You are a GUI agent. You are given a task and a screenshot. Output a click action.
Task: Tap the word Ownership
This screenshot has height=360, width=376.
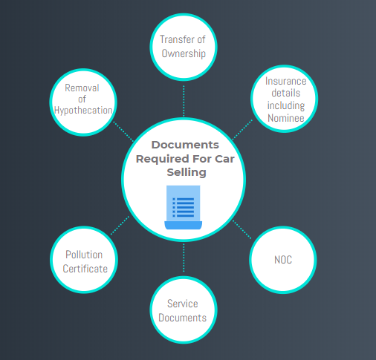184,53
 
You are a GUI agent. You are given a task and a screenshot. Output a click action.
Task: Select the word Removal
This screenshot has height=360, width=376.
82,88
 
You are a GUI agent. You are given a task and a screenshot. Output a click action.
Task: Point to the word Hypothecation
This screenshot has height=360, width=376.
83,111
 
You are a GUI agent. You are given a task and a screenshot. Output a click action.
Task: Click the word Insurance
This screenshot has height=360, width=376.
286,81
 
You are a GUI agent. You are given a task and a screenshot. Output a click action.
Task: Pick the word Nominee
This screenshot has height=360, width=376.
286,118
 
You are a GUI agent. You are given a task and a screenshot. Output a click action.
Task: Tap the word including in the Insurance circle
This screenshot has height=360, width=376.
286,105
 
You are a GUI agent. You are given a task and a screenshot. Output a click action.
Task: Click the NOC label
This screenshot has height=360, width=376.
283,260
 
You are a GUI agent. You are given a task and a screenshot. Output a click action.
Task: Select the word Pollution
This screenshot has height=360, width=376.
84,255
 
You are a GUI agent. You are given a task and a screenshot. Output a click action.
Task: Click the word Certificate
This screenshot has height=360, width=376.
85,269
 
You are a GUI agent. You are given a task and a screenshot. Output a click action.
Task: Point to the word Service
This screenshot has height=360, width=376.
183,304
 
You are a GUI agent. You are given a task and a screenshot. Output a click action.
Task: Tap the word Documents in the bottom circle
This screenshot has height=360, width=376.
183,318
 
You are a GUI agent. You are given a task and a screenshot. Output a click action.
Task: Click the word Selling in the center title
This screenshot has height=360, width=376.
187,172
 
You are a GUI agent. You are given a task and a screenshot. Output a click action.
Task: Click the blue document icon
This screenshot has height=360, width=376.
184,207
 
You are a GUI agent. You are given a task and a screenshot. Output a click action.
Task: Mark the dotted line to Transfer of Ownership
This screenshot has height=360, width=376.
184,101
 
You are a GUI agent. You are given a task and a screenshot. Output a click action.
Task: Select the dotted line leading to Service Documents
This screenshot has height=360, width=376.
184,258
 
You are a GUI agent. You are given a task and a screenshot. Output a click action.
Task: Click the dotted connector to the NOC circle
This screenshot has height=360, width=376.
242,229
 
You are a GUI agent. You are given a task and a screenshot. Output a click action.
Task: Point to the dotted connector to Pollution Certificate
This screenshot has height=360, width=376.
120,226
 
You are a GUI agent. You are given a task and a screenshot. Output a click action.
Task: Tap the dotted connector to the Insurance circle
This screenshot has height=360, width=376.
242,130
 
